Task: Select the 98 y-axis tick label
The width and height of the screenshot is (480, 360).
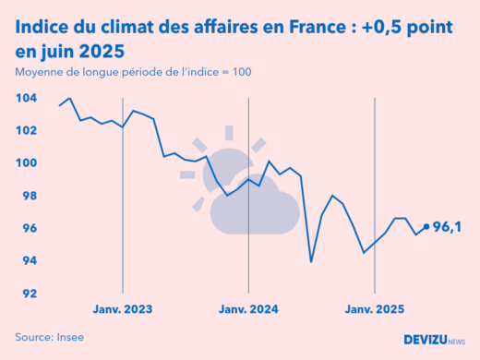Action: click(28, 196)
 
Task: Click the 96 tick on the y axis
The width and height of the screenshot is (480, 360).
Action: click(28, 228)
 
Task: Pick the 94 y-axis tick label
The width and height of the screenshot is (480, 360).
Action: click(28, 261)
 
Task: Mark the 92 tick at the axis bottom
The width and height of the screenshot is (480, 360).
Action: click(28, 294)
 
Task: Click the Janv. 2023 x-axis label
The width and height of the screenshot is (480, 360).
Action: click(123, 309)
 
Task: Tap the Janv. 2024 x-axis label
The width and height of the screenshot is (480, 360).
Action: click(248, 309)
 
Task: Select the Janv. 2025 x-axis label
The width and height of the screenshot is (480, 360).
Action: click(374, 309)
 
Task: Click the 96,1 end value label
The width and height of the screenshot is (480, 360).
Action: click(447, 226)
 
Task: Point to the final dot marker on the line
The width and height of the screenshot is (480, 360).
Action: click(426, 226)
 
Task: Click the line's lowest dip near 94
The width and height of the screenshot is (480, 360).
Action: click(311, 261)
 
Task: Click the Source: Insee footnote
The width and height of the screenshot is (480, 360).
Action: click(49, 337)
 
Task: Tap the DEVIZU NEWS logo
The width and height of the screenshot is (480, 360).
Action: click(434, 340)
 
